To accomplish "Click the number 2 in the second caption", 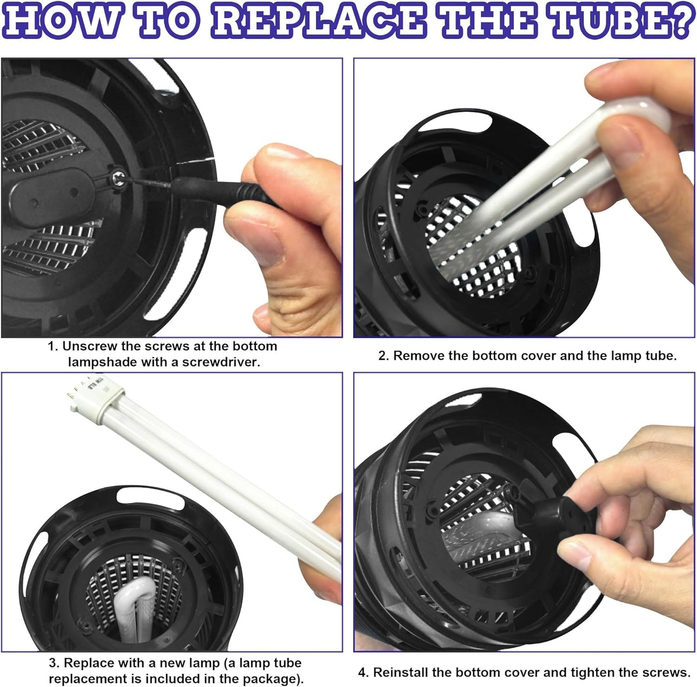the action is [383, 356].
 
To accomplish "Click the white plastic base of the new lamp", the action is [97, 397].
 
